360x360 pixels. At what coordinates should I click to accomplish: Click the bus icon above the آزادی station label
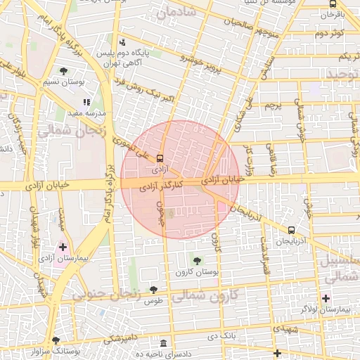[x=160, y=158]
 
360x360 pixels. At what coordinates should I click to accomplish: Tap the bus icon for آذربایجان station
[x=291, y=230]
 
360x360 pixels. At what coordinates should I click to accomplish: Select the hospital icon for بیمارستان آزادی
[x=63, y=247]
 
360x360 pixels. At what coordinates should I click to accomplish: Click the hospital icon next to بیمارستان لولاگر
[x=325, y=298]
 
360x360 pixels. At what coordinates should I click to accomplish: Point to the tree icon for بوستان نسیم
[x=64, y=70]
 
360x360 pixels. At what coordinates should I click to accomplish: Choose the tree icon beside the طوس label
[x=153, y=290]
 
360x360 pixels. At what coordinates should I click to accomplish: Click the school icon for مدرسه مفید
[x=87, y=102]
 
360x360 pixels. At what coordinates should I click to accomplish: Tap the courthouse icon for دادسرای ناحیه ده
[x=164, y=343]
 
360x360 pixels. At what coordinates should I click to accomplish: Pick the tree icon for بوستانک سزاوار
[x=56, y=340]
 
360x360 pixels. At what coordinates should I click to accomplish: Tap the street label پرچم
[x=274, y=105]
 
